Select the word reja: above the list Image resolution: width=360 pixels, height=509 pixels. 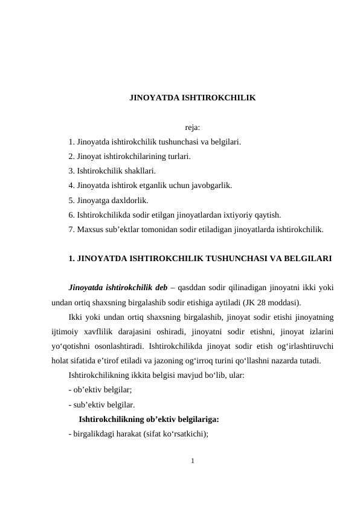192,128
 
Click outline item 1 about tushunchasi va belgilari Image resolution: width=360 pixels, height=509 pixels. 155,143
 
